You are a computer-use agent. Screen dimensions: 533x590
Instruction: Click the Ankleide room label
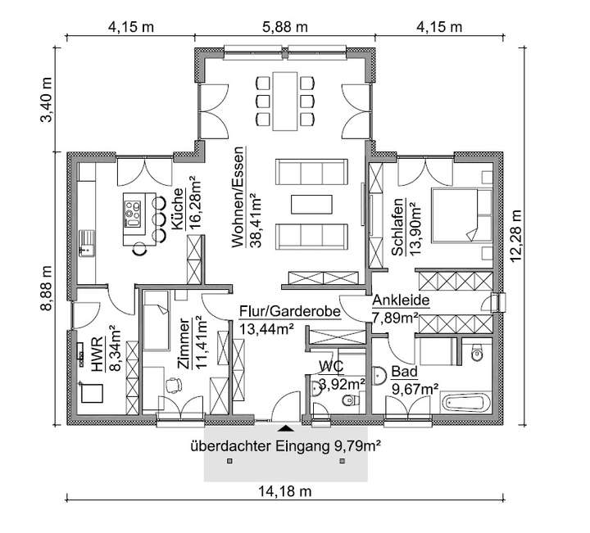(401, 300)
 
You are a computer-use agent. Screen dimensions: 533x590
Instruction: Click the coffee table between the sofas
(311, 202)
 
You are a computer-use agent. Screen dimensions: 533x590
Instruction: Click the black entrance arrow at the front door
(285, 427)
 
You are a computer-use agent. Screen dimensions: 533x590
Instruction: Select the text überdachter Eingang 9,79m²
(287, 446)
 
